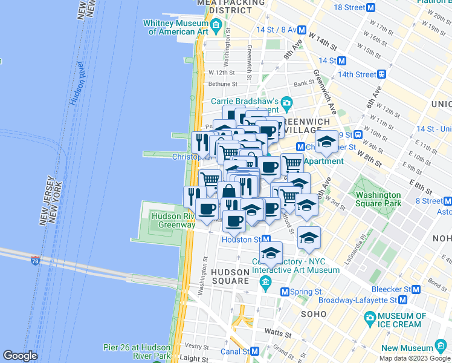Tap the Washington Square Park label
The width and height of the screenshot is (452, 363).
[378, 200]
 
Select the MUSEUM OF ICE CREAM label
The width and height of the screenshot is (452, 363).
[402, 320]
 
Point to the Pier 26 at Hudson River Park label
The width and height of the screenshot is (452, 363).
[137, 352]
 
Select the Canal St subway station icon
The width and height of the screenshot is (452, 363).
[256, 351]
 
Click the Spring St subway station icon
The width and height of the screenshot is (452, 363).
[285, 292]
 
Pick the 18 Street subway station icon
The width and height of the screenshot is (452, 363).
[372, 7]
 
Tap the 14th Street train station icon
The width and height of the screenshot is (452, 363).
[382, 74]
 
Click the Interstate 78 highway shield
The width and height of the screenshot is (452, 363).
[36, 260]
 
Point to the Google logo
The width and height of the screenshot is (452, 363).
[21, 356]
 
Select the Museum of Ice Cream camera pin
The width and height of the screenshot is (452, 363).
[369, 318]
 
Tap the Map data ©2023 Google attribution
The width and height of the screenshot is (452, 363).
[414, 358]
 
